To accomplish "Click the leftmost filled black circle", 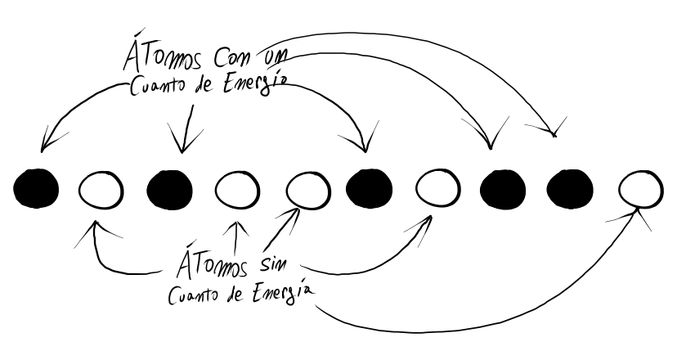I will [36, 188].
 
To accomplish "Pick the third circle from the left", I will [169, 189].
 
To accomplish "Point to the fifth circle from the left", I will [306, 190].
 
